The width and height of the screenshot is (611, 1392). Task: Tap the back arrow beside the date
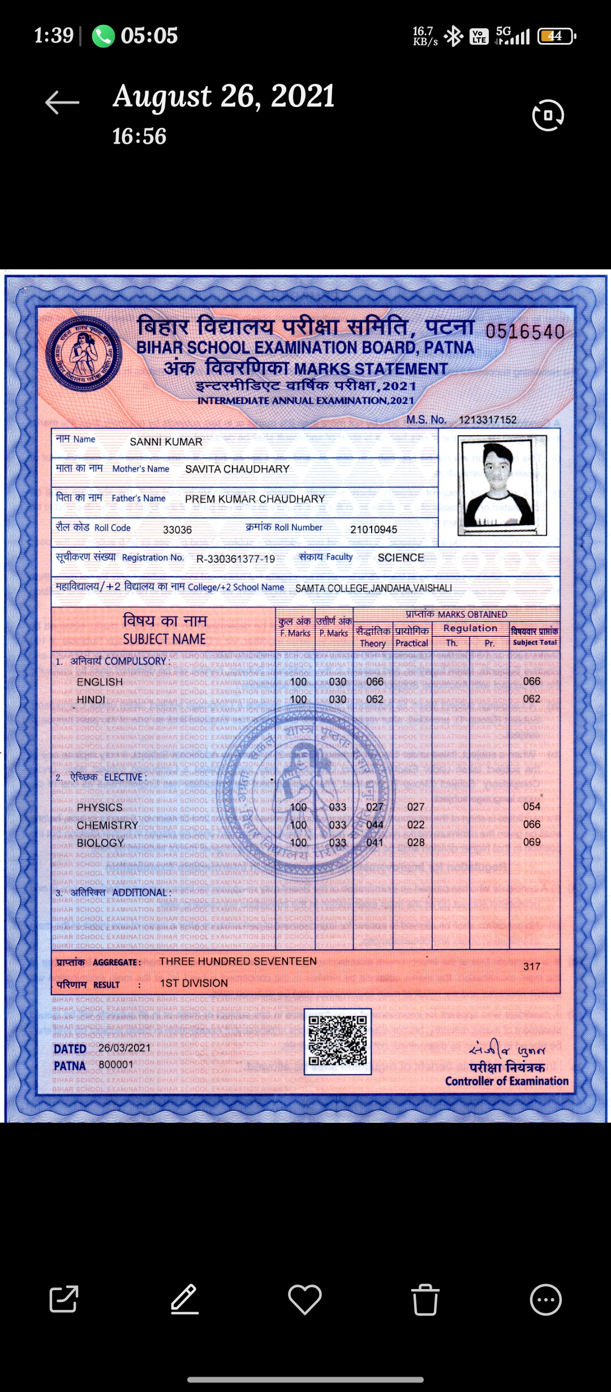coord(62,102)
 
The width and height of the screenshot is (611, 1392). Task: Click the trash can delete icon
coord(425,1299)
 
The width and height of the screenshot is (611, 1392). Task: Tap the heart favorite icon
coord(305,1299)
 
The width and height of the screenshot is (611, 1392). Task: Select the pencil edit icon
coord(184,1299)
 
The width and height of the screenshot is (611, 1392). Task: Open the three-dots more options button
coord(545,1299)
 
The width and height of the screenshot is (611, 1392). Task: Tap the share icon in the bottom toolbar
coord(63,1299)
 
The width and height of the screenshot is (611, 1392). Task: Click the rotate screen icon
coord(548,115)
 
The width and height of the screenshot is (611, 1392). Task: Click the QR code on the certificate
coord(338,1041)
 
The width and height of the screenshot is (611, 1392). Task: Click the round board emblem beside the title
coord(83,354)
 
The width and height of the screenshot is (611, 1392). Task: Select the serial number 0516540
coord(525,332)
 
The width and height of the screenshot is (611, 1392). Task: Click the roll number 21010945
coord(373,530)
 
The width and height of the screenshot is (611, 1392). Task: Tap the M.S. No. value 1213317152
coord(487,420)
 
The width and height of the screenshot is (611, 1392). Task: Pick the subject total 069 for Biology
coord(531,842)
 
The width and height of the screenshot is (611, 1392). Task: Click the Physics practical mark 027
coord(415,807)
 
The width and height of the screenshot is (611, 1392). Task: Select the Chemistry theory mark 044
coord(375,825)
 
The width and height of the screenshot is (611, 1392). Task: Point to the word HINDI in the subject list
coord(91,700)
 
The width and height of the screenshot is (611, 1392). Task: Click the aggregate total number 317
coord(531,966)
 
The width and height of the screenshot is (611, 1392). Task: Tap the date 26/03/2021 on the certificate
coord(124,1048)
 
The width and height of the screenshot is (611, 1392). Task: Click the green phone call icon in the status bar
coord(104,36)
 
